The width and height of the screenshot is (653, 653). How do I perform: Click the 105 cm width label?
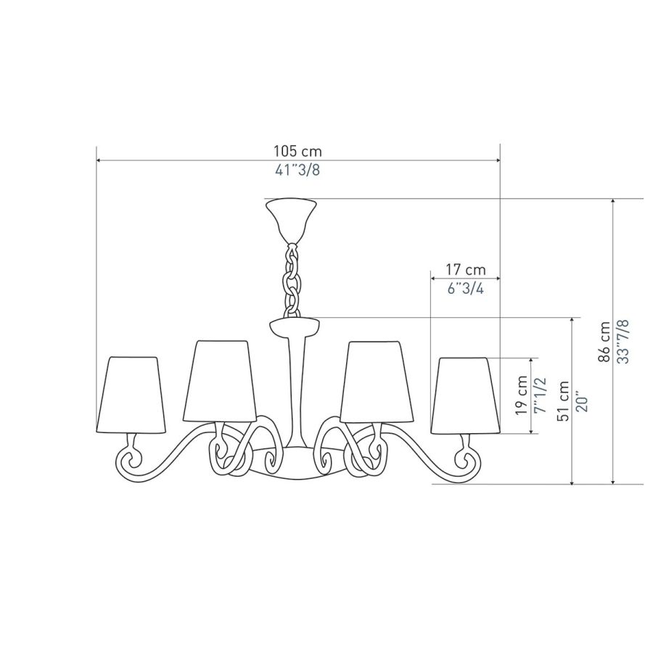point(297,151)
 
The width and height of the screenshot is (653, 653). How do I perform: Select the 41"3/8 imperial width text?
point(297,170)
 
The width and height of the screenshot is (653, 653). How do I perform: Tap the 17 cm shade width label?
point(466,269)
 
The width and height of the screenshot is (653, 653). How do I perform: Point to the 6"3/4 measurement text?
point(466,288)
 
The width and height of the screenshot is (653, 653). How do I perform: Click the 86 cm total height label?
point(604,342)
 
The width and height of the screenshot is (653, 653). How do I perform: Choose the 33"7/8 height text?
point(623,342)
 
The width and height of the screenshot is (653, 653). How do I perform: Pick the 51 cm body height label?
point(564,401)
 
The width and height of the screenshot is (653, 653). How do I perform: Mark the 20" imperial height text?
point(582,402)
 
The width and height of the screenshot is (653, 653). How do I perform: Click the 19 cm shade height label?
point(521,395)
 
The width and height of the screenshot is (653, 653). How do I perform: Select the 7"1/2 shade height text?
point(540,395)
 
